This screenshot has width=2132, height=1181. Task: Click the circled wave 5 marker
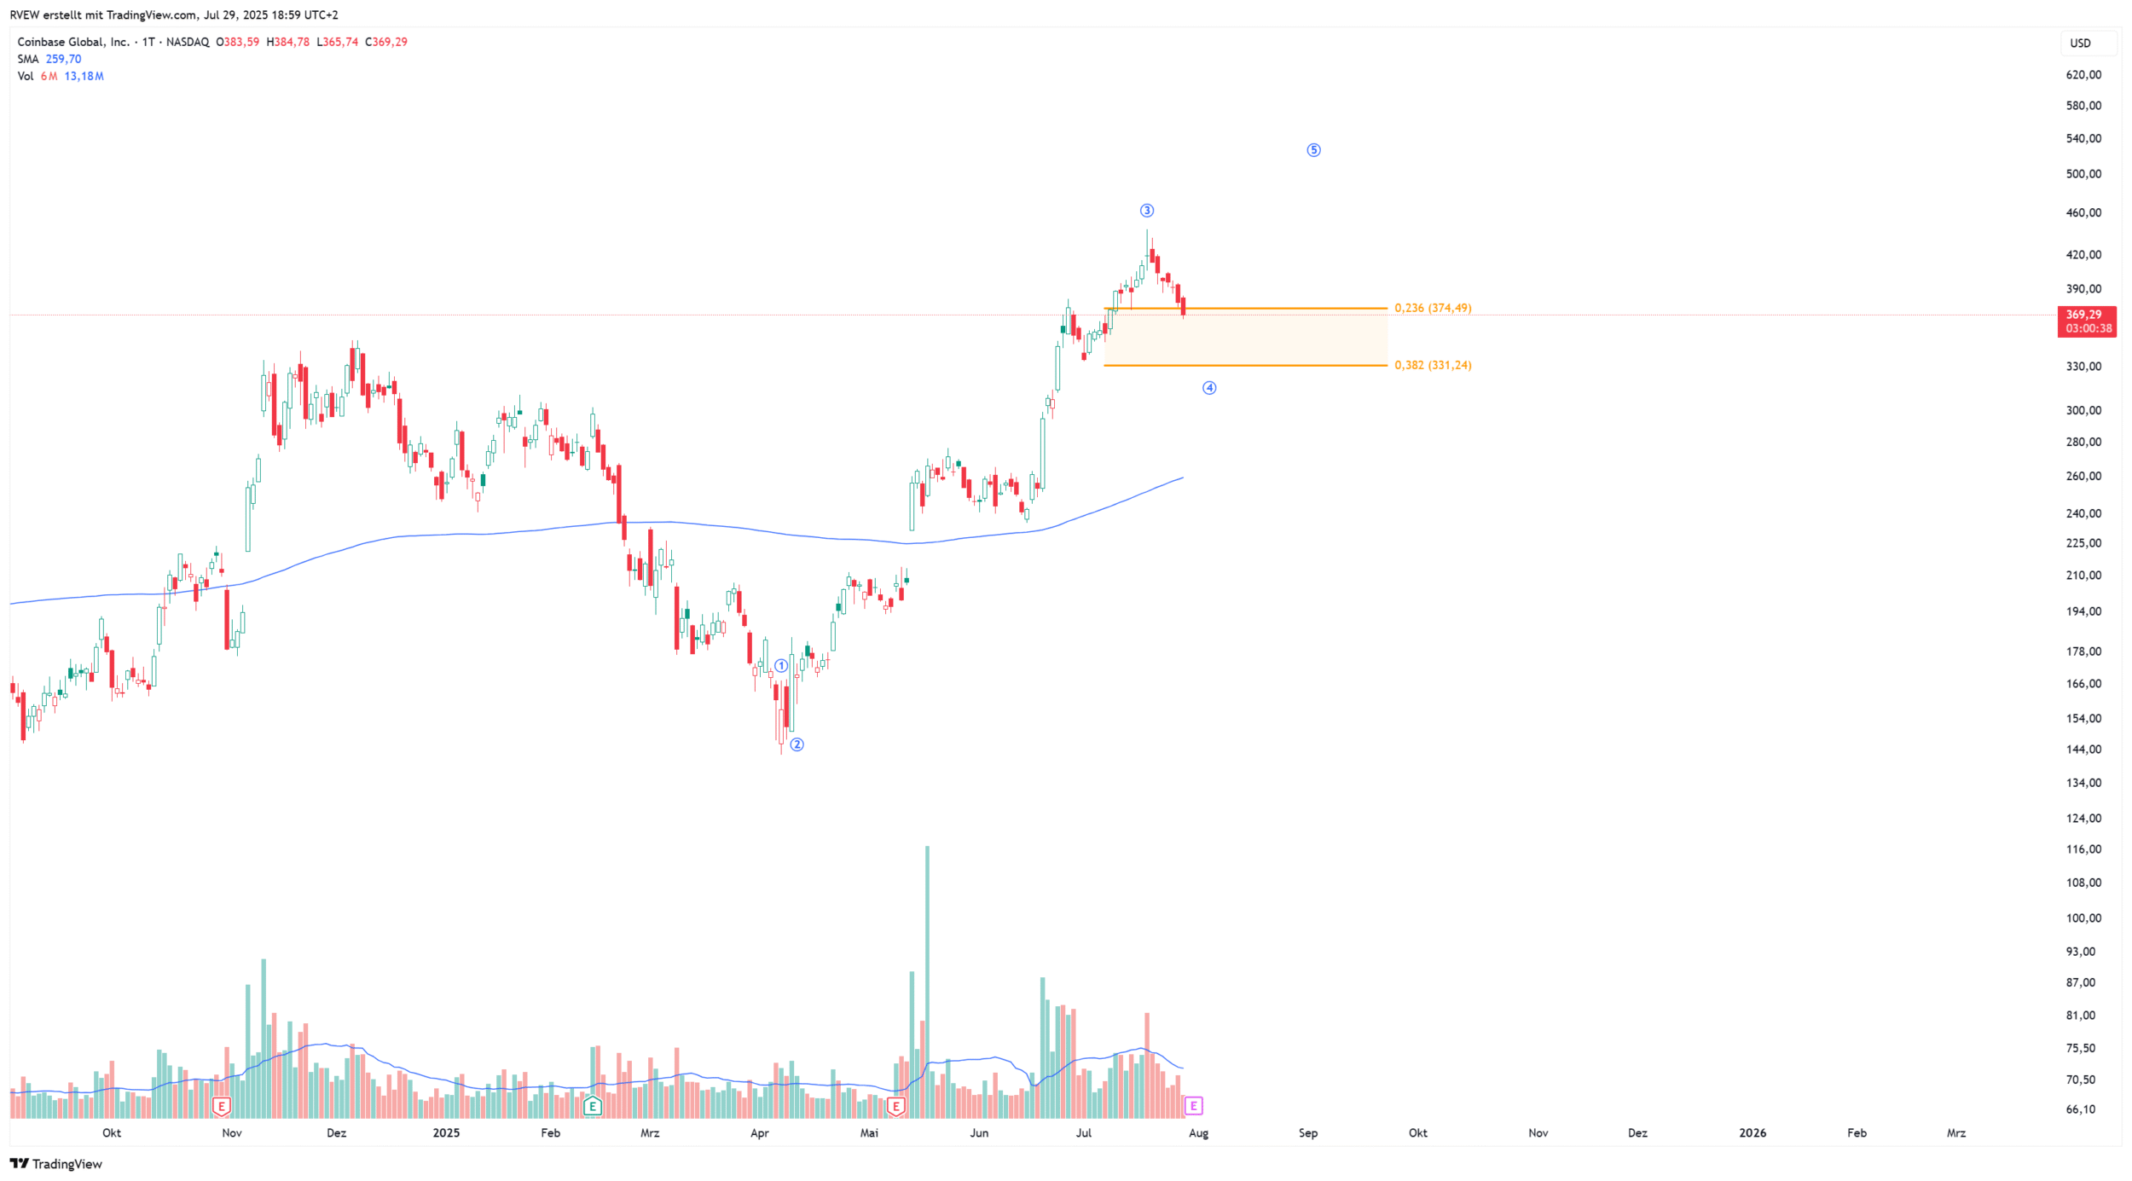(x=1313, y=150)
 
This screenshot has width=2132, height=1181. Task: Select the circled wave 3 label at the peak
(x=1147, y=211)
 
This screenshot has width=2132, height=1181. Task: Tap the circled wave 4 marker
(x=1209, y=388)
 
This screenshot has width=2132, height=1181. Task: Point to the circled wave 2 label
(x=797, y=744)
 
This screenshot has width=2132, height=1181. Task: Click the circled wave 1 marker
(x=781, y=666)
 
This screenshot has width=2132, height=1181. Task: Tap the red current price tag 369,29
(x=2086, y=321)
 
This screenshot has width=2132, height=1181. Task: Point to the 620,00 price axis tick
(x=2083, y=75)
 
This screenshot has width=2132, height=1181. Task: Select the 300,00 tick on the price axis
(x=2083, y=410)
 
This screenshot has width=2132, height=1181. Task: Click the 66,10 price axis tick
(x=2081, y=1109)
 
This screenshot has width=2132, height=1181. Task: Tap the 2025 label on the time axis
(x=446, y=1133)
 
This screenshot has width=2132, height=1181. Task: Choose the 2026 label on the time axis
(x=1753, y=1133)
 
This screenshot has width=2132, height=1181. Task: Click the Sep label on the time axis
(x=1308, y=1133)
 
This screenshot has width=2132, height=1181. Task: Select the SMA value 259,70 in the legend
(x=63, y=59)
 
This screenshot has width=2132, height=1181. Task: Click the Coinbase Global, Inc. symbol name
(x=73, y=42)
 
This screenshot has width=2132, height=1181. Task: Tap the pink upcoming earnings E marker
(x=1194, y=1106)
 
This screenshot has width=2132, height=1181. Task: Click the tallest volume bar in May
(x=927, y=981)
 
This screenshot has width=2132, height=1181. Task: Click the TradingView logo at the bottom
(x=56, y=1164)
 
